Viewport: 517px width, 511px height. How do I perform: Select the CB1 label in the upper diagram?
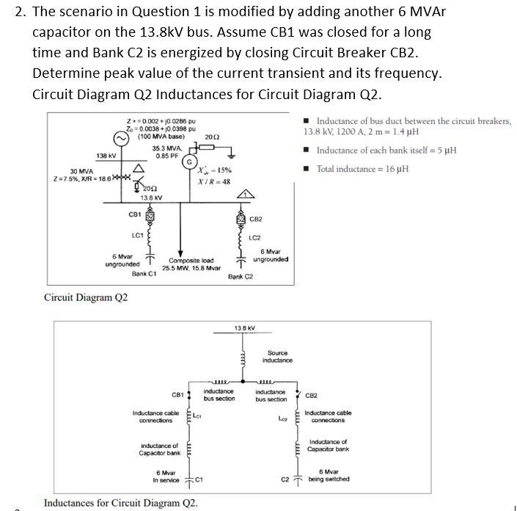(x=134, y=214)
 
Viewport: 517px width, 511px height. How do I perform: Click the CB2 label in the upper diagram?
(x=257, y=219)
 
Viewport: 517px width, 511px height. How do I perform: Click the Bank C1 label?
(x=144, y=274)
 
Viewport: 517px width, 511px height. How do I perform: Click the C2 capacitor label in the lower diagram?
(x=285, y=480)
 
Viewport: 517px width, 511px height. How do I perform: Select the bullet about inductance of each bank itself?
(x=386, y=151)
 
